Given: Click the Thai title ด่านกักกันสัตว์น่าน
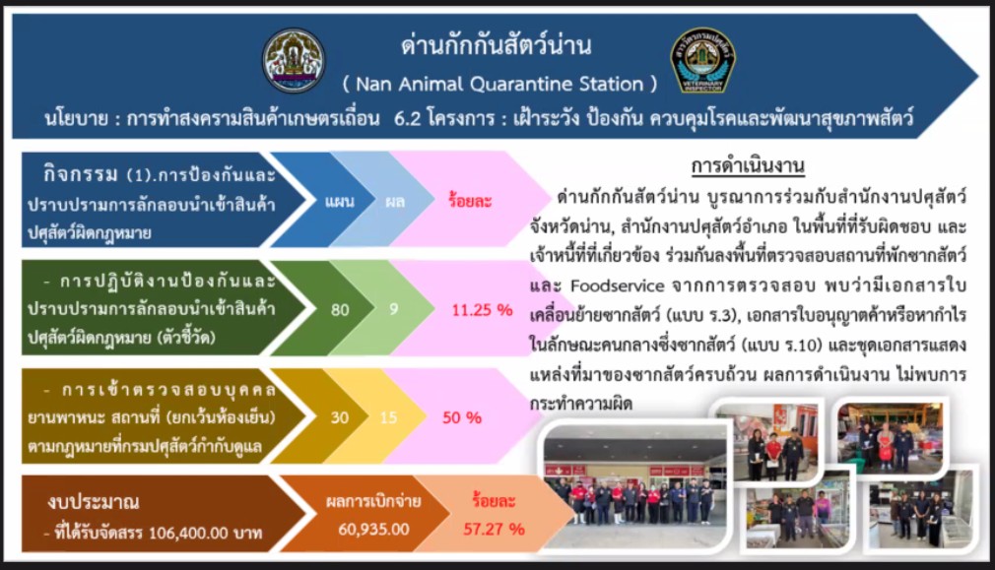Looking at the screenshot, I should (497, 45).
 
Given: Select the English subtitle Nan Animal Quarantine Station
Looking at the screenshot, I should (499, 84).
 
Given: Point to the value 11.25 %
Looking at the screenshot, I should (482, 309).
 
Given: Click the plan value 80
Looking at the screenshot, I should (340, 309).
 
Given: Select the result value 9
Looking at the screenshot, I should (393, 309).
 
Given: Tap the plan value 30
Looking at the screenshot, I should (340, 416).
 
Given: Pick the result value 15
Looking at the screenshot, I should (389, 416).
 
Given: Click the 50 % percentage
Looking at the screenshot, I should (462, 416).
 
